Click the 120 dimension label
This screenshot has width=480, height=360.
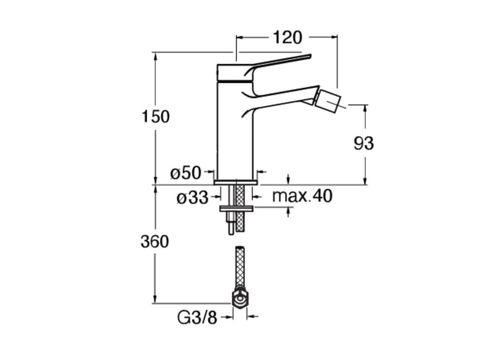pos(287,37)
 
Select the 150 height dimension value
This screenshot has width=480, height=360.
pos(156,117)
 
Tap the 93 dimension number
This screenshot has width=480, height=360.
pos(364,143)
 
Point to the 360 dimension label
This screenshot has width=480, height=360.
pos(155,241)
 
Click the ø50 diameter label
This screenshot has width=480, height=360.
pos(186,173)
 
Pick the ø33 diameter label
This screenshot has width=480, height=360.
pos(192,197)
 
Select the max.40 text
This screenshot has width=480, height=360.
pos(302,196)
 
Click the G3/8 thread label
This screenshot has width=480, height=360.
pos(197,318)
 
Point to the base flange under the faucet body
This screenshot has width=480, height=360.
pos(236,182)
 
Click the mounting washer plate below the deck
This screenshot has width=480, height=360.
pos(236,209)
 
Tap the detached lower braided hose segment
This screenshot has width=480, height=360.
pos(240,266)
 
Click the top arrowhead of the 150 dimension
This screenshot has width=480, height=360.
pos(156,57)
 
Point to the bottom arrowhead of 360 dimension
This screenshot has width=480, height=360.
pos(156,299)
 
